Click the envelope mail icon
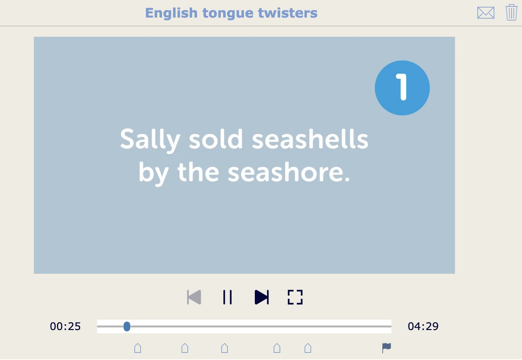click(x=486, y=13)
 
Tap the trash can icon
click(x=511, y=13)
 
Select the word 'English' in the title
click(x=171, y=13)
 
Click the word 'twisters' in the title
click(x=288, y=13)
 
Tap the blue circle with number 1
click(x=402, y=88)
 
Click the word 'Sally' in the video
click(x=150, y=139)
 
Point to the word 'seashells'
click(x=310, y=139)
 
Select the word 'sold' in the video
click(x=216, y=139)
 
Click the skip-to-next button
click(x=262, y=297)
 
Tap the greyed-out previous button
click(x=194, y=297)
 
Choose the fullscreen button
click(x=295, y=297)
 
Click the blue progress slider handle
click(x=127, y=326)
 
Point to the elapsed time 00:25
click(x=65, y=326)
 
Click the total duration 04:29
click(x=423, y=326)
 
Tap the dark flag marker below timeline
click(x=386, y=348)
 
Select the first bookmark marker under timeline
click(x=138, y=348)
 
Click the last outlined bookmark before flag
click(x=308, y=348)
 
